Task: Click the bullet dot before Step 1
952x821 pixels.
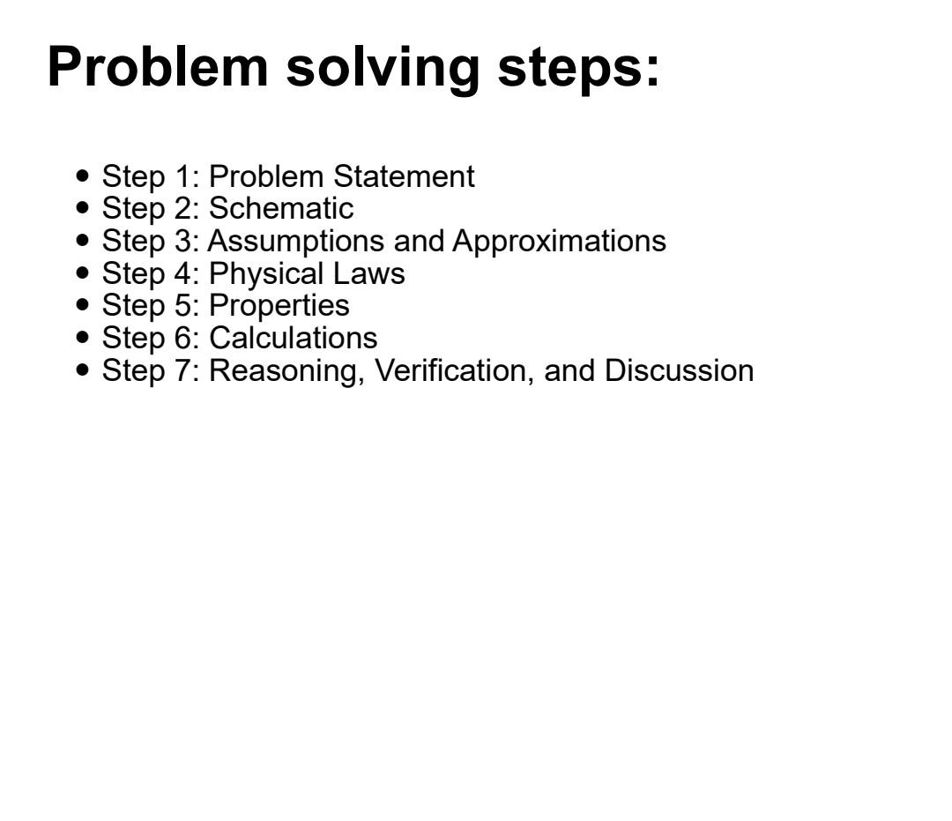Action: pyautogui.click(x=84, y=175)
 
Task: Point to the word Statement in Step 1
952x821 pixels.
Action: pyautogui.click(x=404, y=176)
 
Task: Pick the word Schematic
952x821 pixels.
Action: pyautogui.click(x=281, y=209)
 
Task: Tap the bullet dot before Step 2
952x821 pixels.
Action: pyautogui.click(x=84, y=208)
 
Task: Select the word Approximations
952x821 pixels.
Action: pyautogui.click(x=559, y=242)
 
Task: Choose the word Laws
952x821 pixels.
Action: pyautogui.click(x=368, y=273)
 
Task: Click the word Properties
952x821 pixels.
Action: pyautogui.click(x=279, y=306)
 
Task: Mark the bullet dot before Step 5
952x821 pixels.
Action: pyautogui.click(x=84, y=305)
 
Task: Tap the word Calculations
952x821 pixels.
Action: pyautogui.click(x=293, y=338)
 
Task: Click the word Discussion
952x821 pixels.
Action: pyautogui.click(x=679, y=370)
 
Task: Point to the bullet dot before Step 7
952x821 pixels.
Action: pyautogui.click(x=84, y=369)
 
